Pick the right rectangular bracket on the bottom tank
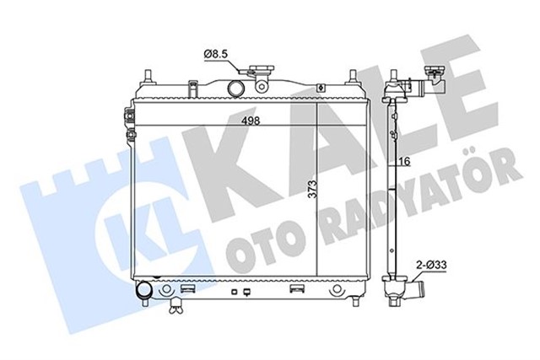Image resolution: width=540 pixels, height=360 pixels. click(297, 288)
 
